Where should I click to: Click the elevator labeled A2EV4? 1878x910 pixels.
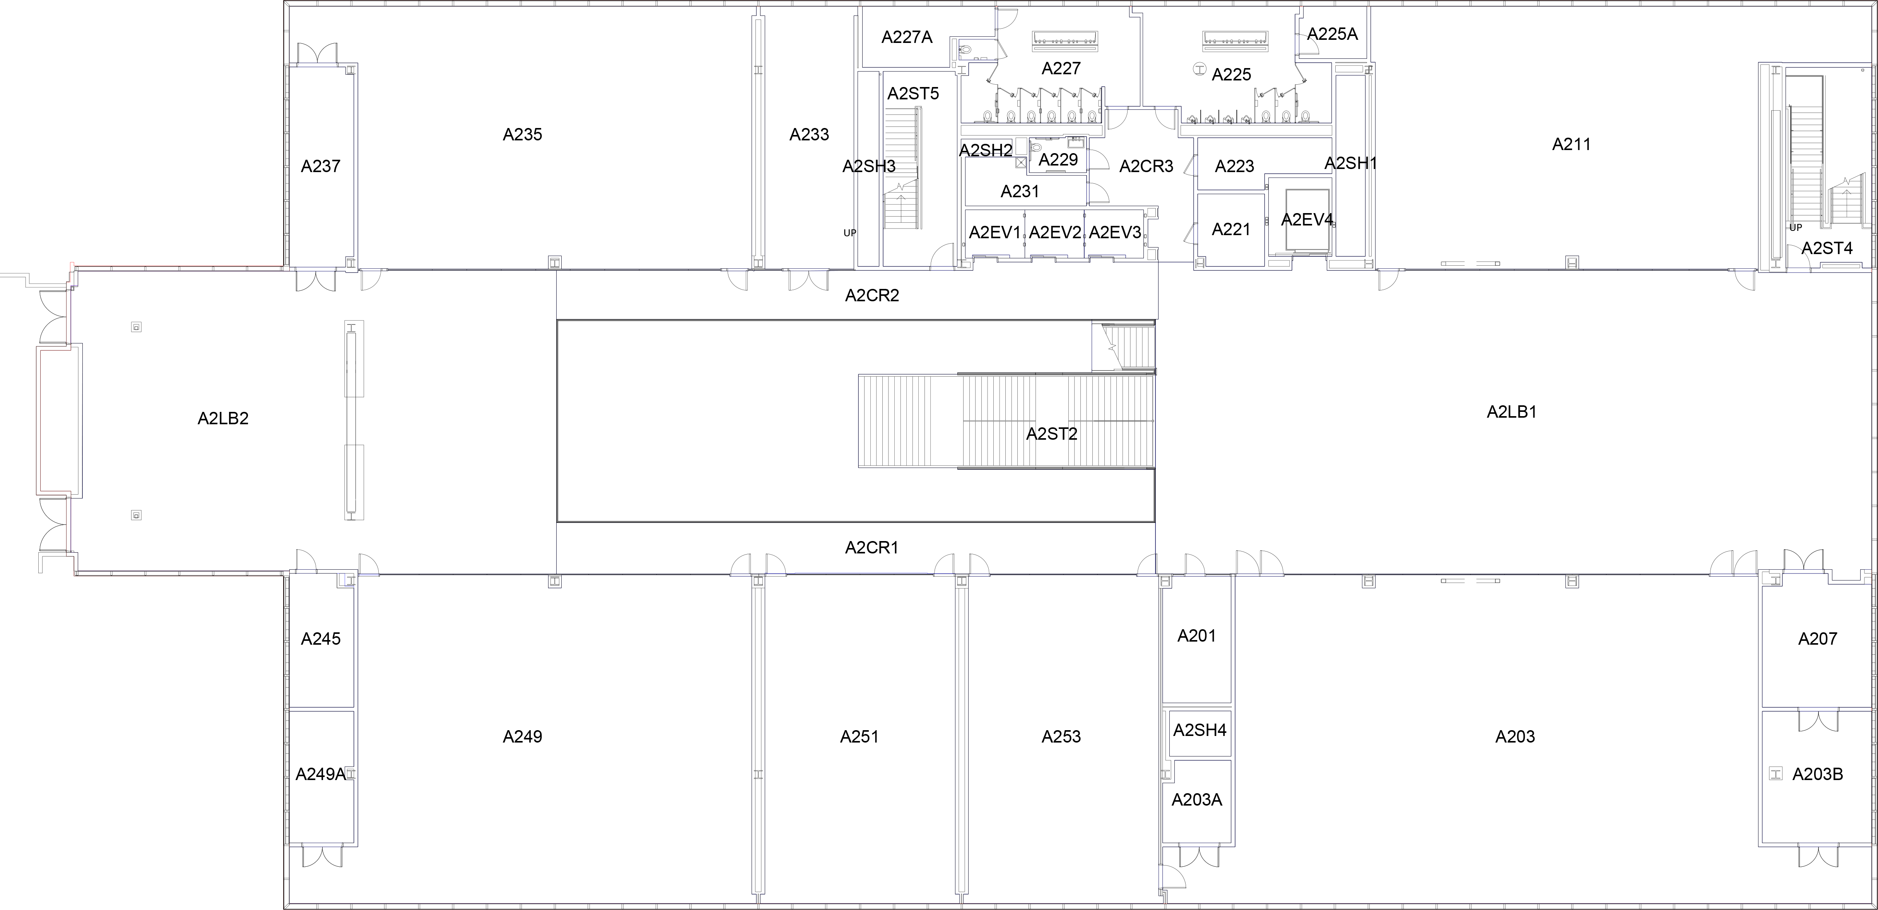click(x=1306, y=220)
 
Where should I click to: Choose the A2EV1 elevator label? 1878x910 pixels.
click(x=995, y=232)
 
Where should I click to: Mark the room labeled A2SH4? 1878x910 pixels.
click(x=1199, y=730)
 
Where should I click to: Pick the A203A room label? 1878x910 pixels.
click(x=1196, y=800)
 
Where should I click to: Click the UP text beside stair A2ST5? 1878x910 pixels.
click(x=849, y=233)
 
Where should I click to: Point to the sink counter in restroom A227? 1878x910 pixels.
click(x=1065, y=41)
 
